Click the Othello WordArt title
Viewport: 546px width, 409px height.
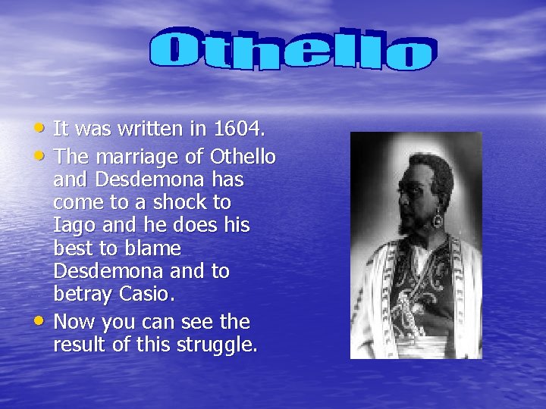(x=292, y=50)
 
